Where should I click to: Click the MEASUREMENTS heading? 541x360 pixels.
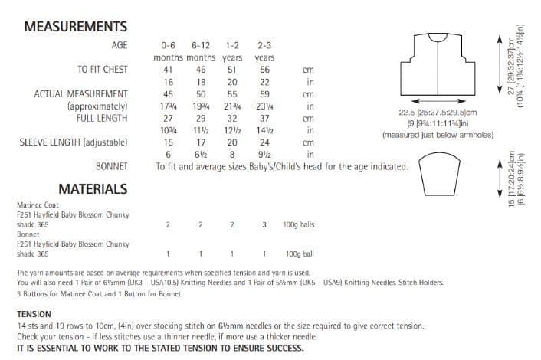(x=75, y=26)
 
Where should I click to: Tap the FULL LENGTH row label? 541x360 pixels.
(x=102, y=119)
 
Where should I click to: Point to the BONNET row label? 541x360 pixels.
(x=111, y=165)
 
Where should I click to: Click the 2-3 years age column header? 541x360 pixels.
(x=265, y=51)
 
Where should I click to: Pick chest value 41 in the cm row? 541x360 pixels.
(x=168, y=69)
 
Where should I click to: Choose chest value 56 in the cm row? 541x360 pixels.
(x=264, y=69)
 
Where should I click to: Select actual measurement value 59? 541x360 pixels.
(x=264, y=94)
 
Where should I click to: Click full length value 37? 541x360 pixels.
(x=264, y=119)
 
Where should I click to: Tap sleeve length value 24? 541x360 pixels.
(x=264, y=142)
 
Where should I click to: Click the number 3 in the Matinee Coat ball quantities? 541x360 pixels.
(x=264, y=224)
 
